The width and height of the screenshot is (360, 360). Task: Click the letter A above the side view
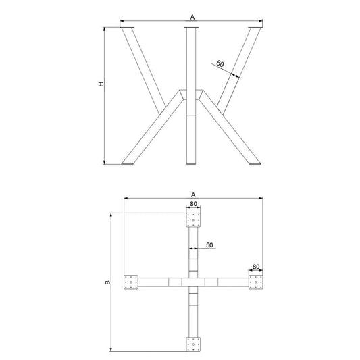click(x=192, y=17)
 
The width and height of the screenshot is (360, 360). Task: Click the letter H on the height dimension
click(x=101, y=84)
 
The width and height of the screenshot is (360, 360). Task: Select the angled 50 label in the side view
click(x=220, y=63)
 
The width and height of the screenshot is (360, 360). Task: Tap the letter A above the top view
click(x=193, y=195)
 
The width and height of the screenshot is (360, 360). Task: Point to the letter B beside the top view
click(x=107, y=282)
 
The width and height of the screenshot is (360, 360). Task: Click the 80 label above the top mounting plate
click(x=193, y=204)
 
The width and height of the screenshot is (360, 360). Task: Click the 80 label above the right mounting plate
click(x=256, y=267)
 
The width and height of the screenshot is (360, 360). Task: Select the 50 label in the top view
click(x=209, y=245)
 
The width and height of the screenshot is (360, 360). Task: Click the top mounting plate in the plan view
click(x=193, y=220)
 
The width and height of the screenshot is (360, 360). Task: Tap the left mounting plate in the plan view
click(x=131, y=282)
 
